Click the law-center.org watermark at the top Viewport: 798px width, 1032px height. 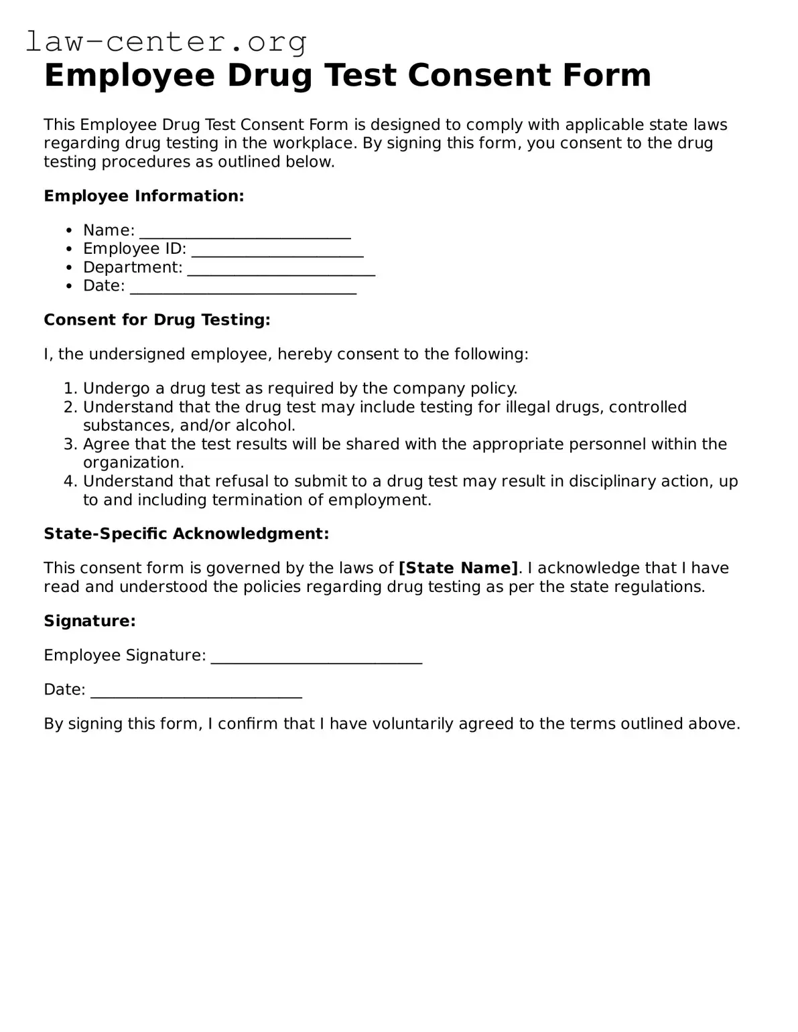[x=166, y=42]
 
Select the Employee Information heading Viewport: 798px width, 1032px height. [x=143, y=196]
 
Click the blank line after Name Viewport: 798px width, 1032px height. [x=245, y=232]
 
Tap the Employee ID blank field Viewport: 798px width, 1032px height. [x=277, y=250]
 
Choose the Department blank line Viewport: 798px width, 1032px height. [x=281, y=269]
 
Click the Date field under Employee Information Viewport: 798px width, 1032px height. [x=243, y=287]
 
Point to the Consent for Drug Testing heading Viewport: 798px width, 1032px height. [x=157, y=319]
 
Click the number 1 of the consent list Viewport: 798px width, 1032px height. [x=70, y=388]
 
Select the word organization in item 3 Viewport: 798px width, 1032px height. [x=133, y=462]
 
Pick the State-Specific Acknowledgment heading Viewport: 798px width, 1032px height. [x=186, y=533]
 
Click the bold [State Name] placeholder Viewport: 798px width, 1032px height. [x=458, y=568]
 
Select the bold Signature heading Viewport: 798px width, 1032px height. [x=90, y=621]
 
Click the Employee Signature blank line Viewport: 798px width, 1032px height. [x=316, y=657]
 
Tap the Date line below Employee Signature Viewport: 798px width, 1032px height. [x=196, y=691]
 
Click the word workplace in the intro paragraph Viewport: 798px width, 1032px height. [x=300, y=143]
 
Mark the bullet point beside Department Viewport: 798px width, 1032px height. [x=70, y=268]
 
